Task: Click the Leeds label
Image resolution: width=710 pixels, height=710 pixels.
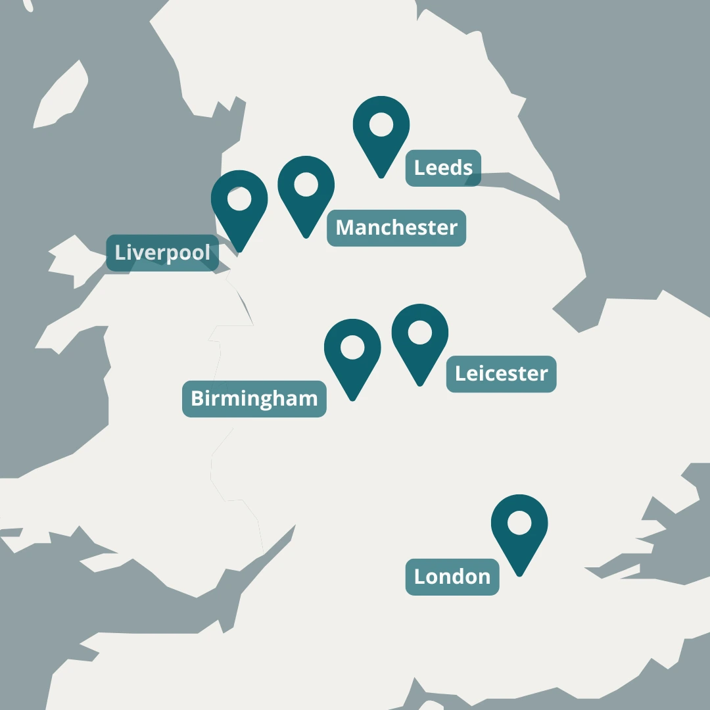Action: pos(443,168)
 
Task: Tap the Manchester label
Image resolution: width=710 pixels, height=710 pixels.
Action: pos(396,228)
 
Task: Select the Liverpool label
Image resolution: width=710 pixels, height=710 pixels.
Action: pos(162,252)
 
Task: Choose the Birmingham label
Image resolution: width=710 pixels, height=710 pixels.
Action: pos(254,398)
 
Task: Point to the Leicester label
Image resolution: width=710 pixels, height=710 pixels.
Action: pos(501,374)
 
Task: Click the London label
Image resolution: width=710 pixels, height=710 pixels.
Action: pos(452,577)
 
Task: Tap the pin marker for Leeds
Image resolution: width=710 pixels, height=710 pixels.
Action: pos(381,131)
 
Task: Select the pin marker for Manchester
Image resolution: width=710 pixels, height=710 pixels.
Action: pos(306,191)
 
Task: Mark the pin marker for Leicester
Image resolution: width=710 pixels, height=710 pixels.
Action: pos(420,339)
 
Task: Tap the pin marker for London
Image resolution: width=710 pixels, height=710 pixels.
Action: pos(519,529)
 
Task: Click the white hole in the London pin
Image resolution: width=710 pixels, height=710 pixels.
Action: pos(519,523)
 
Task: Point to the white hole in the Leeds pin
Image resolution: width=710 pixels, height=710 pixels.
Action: pos(381,124)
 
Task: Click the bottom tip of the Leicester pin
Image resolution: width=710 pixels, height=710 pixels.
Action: pos(420,385)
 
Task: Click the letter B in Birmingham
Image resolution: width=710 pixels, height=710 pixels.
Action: pos(197,398)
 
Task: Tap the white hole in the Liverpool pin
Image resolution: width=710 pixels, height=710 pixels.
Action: pos(239,199)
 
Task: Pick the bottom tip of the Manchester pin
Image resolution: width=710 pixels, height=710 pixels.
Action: pos(306,237)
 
